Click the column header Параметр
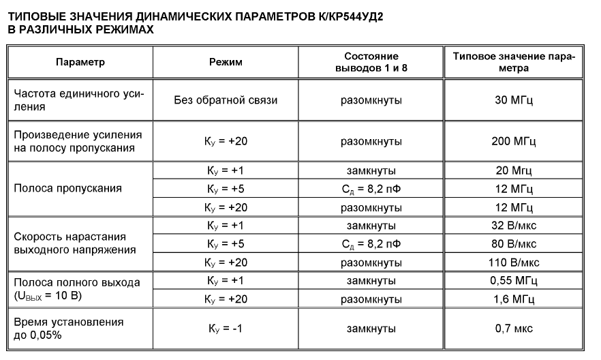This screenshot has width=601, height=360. click(x=80, y=62)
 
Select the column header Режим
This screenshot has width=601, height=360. click(x=226, y=62)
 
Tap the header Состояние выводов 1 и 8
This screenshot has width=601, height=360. click(x=371, y=62)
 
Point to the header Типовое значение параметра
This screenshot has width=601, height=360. click(x=513, y=62)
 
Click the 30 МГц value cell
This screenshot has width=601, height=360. click(x=513, y=100)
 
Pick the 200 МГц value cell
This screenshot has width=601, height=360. click(x=513, y=142)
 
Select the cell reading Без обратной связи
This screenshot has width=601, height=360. click(x=226, y=100)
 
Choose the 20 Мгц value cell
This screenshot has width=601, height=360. click(x=513, y=170)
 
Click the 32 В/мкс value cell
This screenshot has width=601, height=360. click(x=513, y=226)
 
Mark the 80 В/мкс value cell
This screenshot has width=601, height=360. click(x=513, y=244)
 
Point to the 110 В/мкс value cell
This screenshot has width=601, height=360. click(x=513, y=262)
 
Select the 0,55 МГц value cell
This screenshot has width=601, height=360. click(x=513, y=281)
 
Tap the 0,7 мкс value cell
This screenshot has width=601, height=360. click(x=513, y=329)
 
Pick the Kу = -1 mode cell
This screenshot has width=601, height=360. click(x=226, y=329)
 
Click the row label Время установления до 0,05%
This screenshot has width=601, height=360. click(x=68, y=329)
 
